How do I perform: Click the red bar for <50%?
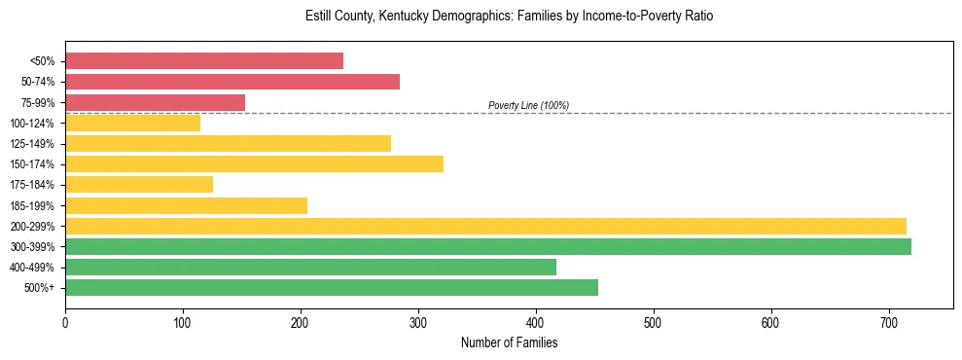click(204, 60)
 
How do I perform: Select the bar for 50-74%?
click(232, 82)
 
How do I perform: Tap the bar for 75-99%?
click(156, 102)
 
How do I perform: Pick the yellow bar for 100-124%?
click(132, 123)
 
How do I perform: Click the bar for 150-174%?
click(254, 163)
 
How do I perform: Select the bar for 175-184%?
click(139, 184)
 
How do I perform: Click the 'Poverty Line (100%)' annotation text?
click(528, 105)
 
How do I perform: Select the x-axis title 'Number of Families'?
click(509, 342)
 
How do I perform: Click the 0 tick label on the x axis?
click(65, 321)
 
